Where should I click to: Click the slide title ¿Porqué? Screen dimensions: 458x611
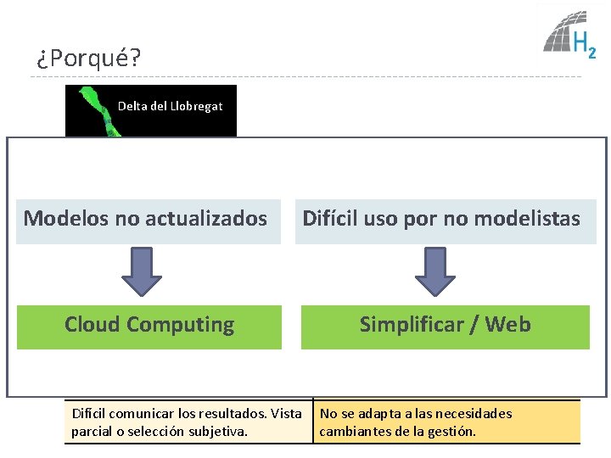[88, 59]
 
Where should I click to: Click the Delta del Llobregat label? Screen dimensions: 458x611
[170, 106]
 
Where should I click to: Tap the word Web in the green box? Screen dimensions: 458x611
[508, 325]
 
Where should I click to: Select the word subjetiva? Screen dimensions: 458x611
[219, 431]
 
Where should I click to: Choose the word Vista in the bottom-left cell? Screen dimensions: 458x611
[285, 414]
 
